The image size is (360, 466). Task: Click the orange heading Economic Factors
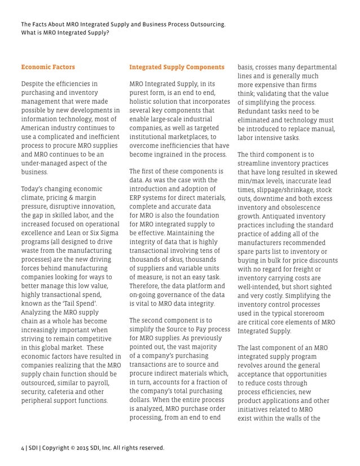click(48, 67)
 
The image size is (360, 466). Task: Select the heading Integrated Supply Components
click(177, 67)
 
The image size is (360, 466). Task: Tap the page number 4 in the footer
click(23, 448)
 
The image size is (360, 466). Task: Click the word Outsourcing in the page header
click(202, 25)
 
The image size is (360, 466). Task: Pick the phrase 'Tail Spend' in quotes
click(80, 303)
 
